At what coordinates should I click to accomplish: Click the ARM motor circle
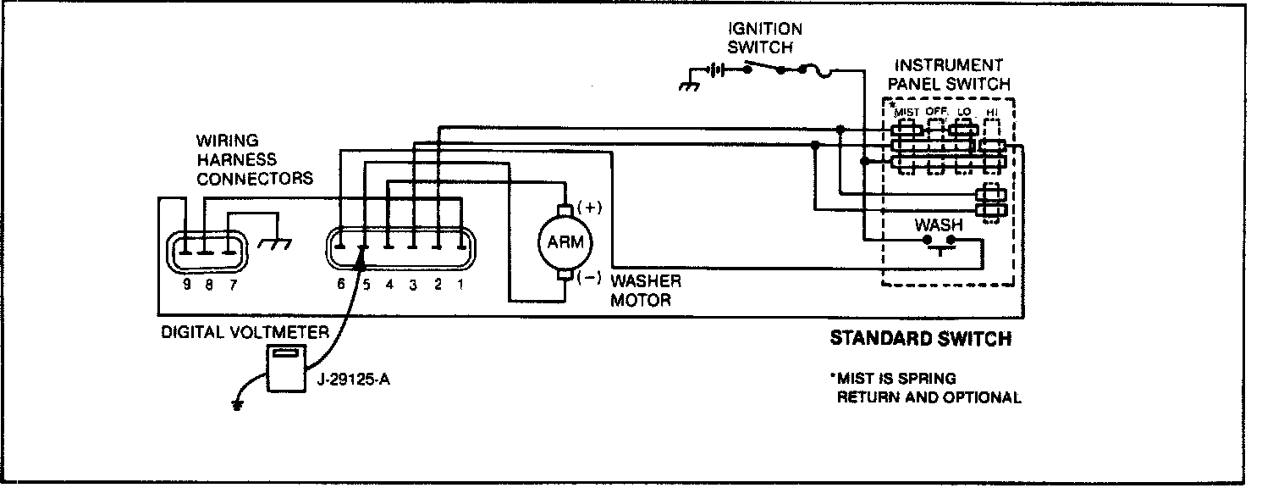tap(565, 241)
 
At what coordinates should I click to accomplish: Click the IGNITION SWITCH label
tap(764, 38)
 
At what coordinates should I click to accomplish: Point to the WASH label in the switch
tap(939, 225)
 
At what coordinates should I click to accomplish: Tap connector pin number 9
tap(186, 286)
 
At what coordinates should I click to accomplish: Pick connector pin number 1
tap(460, 286)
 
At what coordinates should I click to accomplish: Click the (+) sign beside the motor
tap(588, 206)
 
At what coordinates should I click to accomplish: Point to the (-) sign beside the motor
tap(588, 278)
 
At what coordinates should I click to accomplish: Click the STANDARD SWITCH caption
tap(920, 339)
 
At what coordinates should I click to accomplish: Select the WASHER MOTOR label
tap(646, 291)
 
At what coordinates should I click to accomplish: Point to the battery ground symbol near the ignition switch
tap(690, 85)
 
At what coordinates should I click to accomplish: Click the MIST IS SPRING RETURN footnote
tap(927, 388)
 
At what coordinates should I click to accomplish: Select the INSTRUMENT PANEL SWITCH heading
tap(952, 75)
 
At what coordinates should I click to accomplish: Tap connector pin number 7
tap(231, 286)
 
